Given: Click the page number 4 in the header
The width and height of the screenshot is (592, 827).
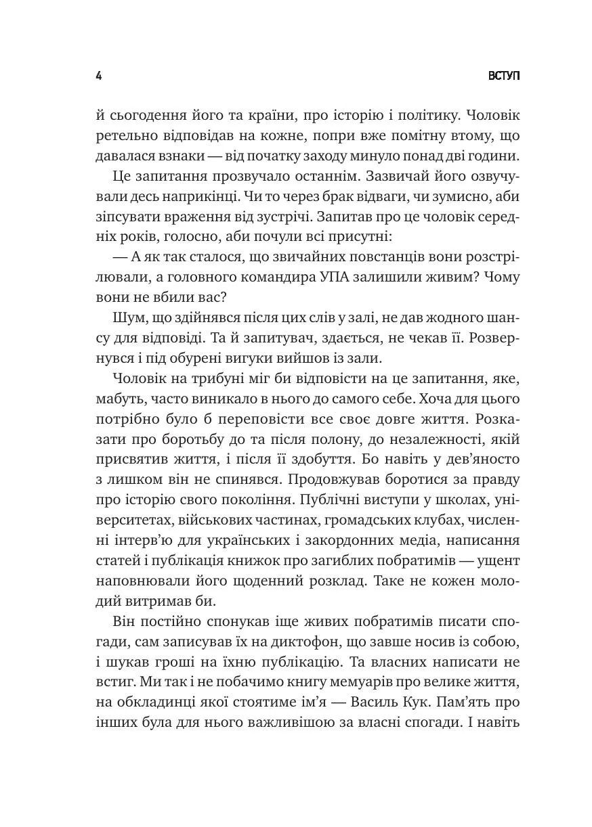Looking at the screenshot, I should coord(99,75).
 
